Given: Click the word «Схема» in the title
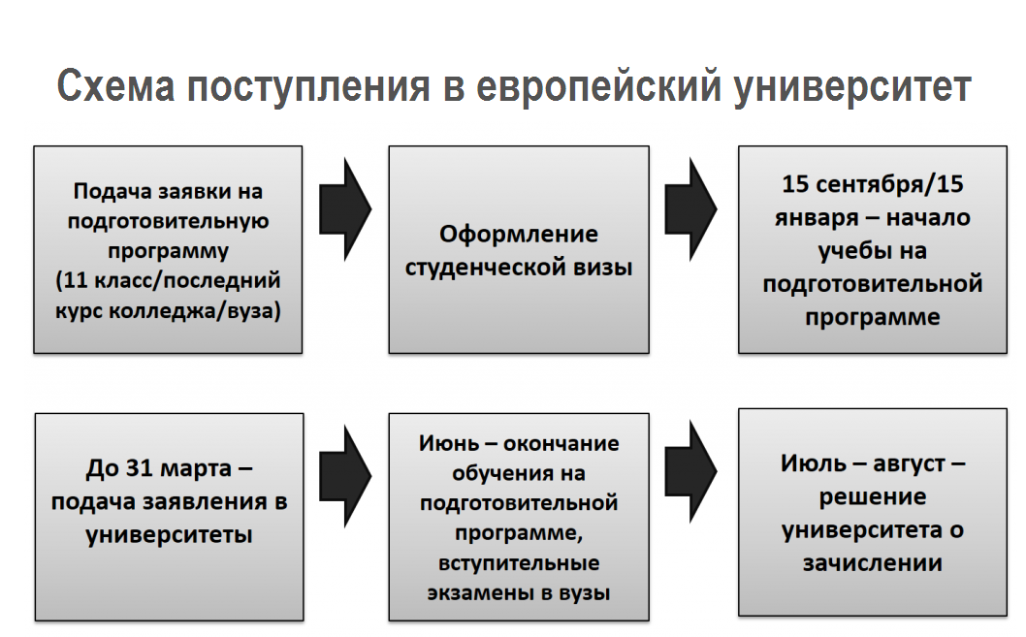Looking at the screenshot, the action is click(115, 85).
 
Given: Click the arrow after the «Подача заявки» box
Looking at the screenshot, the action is click(345, 209).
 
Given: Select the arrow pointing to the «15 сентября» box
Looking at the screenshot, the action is click(691, 209).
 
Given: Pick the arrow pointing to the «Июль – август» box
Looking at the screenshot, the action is click(691, 471).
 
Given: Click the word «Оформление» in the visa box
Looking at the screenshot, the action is click(518, 234).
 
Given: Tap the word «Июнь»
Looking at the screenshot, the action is click(449, 443).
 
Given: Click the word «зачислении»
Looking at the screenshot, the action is click(872, 563).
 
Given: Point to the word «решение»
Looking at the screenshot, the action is click(872, 497).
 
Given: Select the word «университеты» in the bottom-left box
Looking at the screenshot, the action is click(169, 535).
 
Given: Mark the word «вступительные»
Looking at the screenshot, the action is click(519, 563).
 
